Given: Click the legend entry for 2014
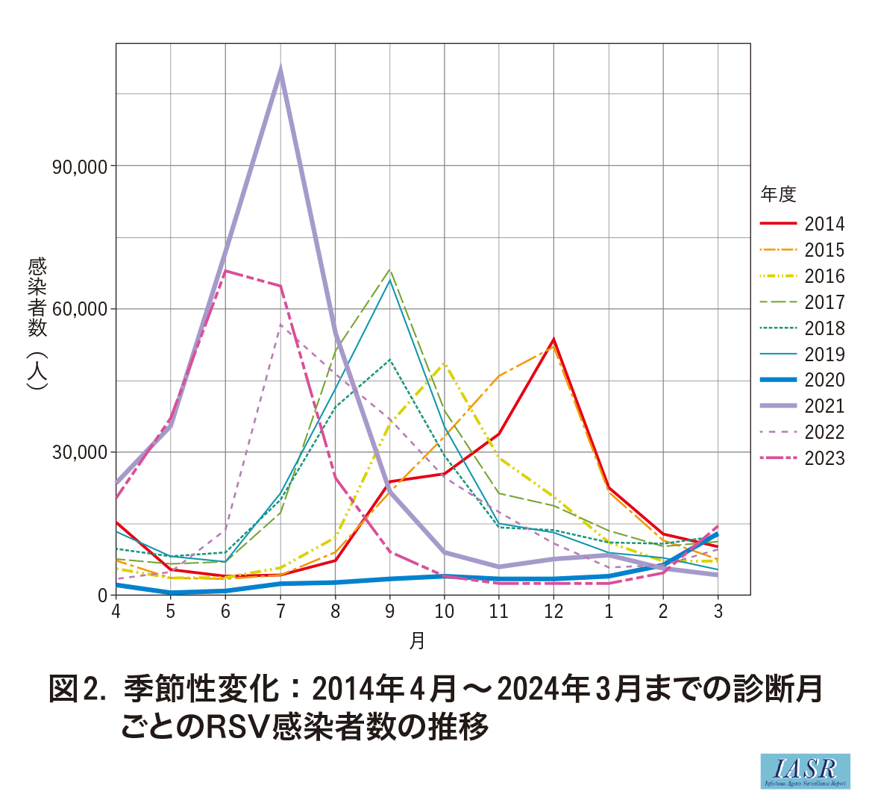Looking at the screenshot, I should coord(824,224).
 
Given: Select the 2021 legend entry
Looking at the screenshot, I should coord(824,406).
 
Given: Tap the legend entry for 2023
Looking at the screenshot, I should coord(824,458).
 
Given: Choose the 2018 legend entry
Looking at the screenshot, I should coord(824,328).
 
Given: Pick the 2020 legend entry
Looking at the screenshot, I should coord(824,380).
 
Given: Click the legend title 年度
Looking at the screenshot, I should coord(778,195).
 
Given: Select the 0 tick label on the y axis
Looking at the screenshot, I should coord(103,596).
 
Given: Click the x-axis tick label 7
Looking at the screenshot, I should coord(280,612).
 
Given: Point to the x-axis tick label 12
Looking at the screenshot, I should coord(553,612).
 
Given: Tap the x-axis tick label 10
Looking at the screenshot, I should coord(444,612).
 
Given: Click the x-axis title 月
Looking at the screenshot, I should coord(417,640).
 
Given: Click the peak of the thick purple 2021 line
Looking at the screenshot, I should coord(280,71).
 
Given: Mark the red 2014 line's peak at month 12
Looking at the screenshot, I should coord(553,340).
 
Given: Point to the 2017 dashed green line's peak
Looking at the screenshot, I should coord(389,270).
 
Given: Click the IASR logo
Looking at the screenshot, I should coord(806,771).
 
